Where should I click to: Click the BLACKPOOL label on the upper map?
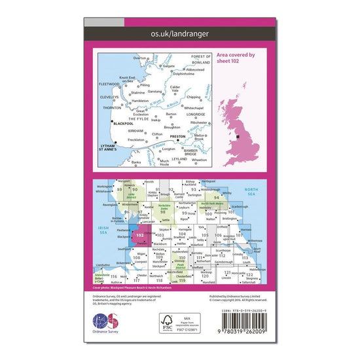(122, 123)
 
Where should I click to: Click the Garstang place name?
(153, 93)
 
